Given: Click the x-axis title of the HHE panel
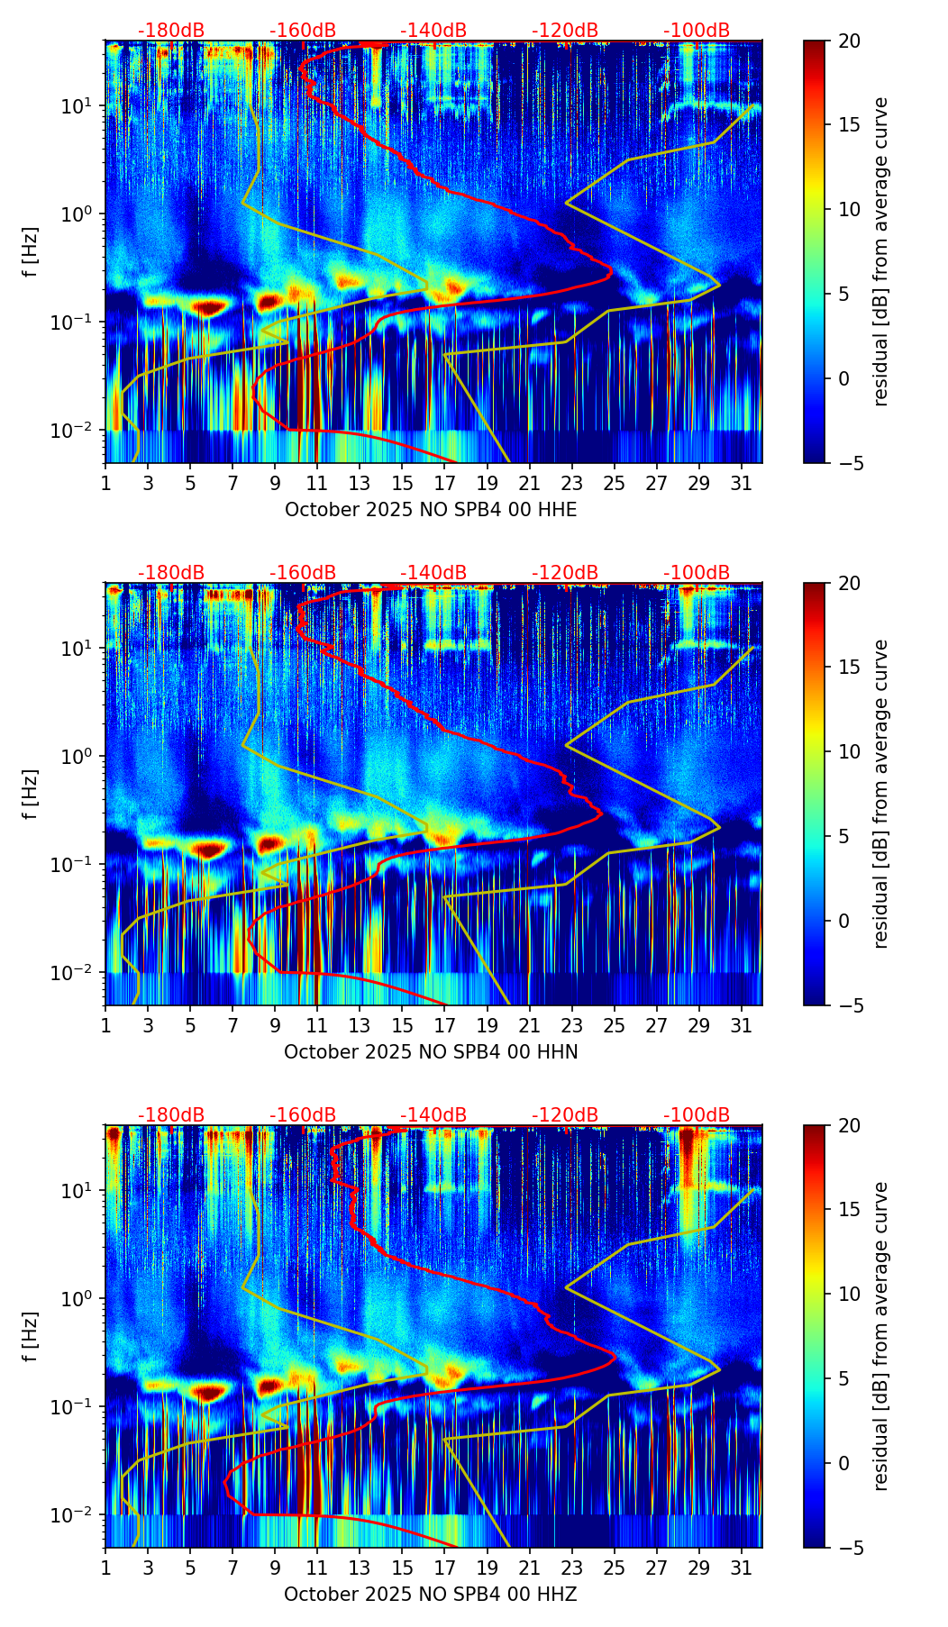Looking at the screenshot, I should point(431,510).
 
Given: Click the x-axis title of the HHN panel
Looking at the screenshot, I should point(431,1052).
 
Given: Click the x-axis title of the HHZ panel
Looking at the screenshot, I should point(431,1595).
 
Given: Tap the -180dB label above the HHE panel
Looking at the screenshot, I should point(171,31).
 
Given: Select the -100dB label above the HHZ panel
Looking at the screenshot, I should point(697,1115).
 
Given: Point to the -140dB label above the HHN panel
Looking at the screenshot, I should point(433,573).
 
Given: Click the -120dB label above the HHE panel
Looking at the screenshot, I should point(565,31).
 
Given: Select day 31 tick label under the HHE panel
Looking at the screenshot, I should point(742,483).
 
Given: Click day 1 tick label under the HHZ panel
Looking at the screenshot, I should point(105,1568).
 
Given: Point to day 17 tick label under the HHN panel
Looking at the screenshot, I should point(444,1025).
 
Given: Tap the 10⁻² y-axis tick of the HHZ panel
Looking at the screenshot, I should point(79,1515).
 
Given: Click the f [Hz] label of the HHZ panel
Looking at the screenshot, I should point(31,1336).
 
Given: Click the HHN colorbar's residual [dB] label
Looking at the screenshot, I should point(880,794).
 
